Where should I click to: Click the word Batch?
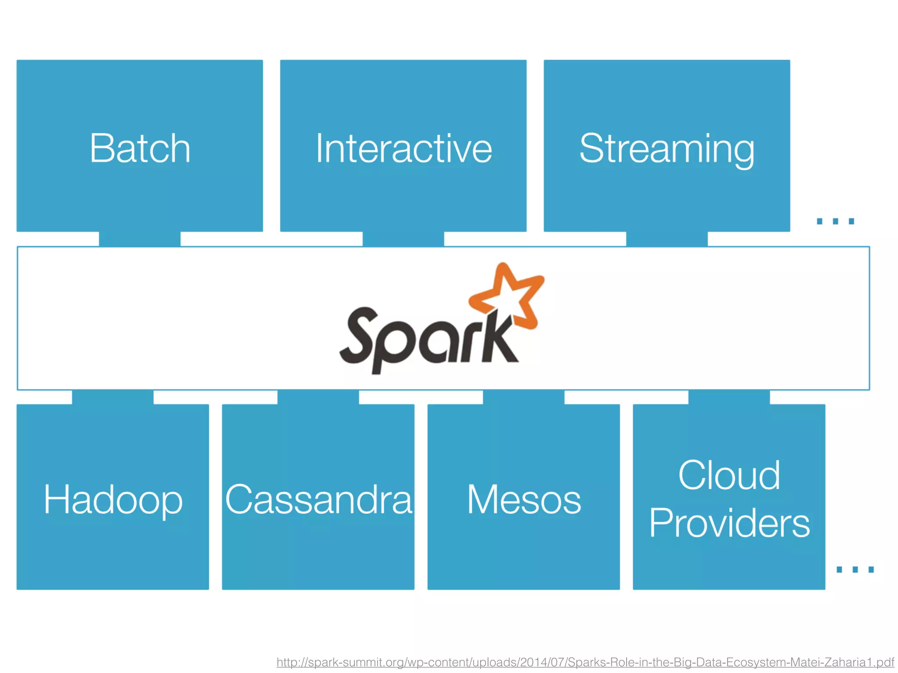(x=140, y=149)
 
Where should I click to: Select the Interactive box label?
(x=403, y=149)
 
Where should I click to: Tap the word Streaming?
(x=666, y=149)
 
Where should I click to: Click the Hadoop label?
(x=113, y=500)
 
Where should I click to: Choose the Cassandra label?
(x=318, y=500)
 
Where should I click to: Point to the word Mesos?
(x=524, y=500)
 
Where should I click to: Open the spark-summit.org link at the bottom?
(x=585, y=662)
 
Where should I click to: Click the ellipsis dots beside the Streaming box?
(x=835, y=221)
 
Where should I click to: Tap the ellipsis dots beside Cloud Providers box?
(x=855, y=570)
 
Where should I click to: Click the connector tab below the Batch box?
(x=139, y=239)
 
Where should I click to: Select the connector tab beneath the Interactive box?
(x=403, y=239)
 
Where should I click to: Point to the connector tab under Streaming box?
(x=666, y=239)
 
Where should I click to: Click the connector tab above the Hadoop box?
(x=113, y=397)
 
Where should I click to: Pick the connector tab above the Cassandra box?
(x=318, y=397)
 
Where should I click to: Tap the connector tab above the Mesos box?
(x=524, y=397)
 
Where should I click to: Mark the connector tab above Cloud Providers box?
(x=729, y=397)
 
